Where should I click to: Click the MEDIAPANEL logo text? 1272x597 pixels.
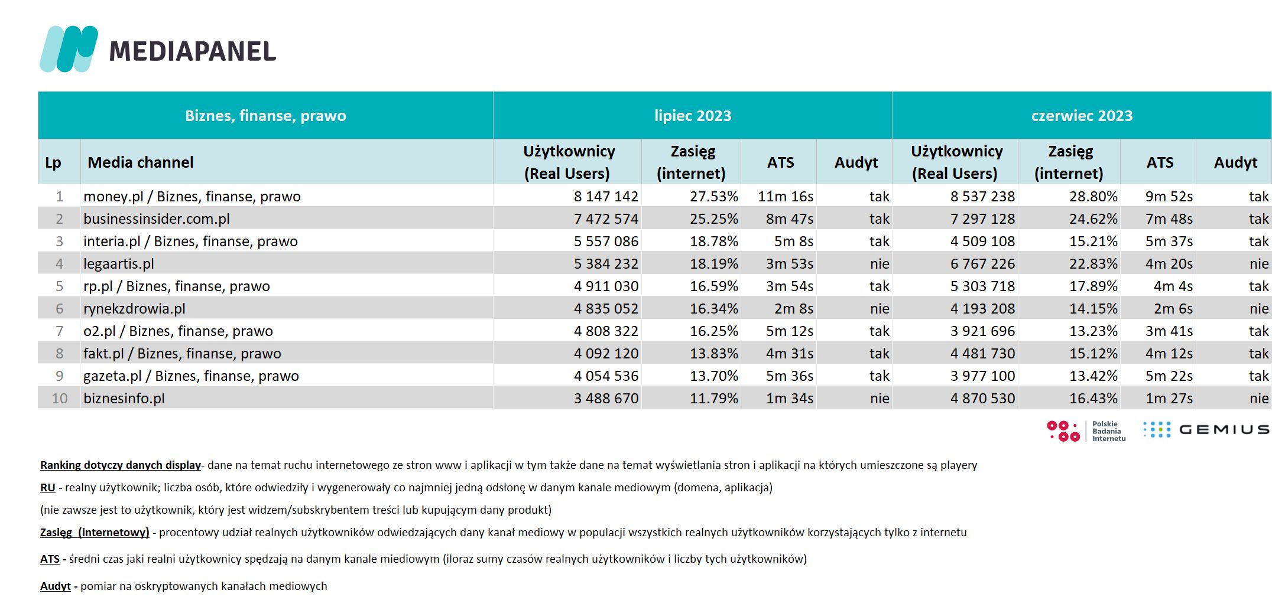193,51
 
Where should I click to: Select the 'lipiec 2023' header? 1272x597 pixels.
693,116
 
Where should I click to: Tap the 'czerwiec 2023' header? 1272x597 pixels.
1082,116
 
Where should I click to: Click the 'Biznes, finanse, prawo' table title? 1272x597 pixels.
265,116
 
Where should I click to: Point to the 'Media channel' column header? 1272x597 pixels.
141,162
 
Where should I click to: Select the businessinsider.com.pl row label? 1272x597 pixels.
157,219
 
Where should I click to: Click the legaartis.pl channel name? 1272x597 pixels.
119,264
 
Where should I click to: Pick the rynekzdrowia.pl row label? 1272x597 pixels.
134,309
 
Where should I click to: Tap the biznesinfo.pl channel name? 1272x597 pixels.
124,399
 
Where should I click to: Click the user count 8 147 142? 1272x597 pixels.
606,197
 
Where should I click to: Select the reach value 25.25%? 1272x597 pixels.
714,219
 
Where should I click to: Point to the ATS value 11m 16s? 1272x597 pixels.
786,197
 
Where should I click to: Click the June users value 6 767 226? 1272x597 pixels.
982,264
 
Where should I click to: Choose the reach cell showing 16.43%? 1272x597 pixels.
1093,399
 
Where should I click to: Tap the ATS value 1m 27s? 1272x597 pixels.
1169,399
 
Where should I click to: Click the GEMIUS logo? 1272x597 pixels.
1206,430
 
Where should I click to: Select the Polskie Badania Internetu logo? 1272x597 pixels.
1086,431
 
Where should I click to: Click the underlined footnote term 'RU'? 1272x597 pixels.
48,488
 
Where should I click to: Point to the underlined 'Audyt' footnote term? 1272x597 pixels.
56,586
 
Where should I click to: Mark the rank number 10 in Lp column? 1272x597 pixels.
60,399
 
